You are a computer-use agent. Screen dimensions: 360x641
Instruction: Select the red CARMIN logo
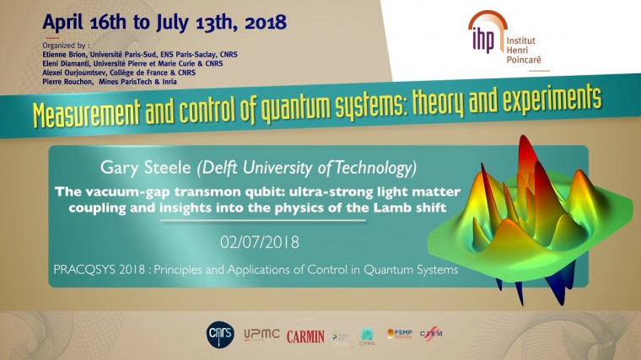point(305,336)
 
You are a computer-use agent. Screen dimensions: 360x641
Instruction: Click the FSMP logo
point(400,335)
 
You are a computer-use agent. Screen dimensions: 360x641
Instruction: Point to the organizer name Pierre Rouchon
point(67,80)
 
